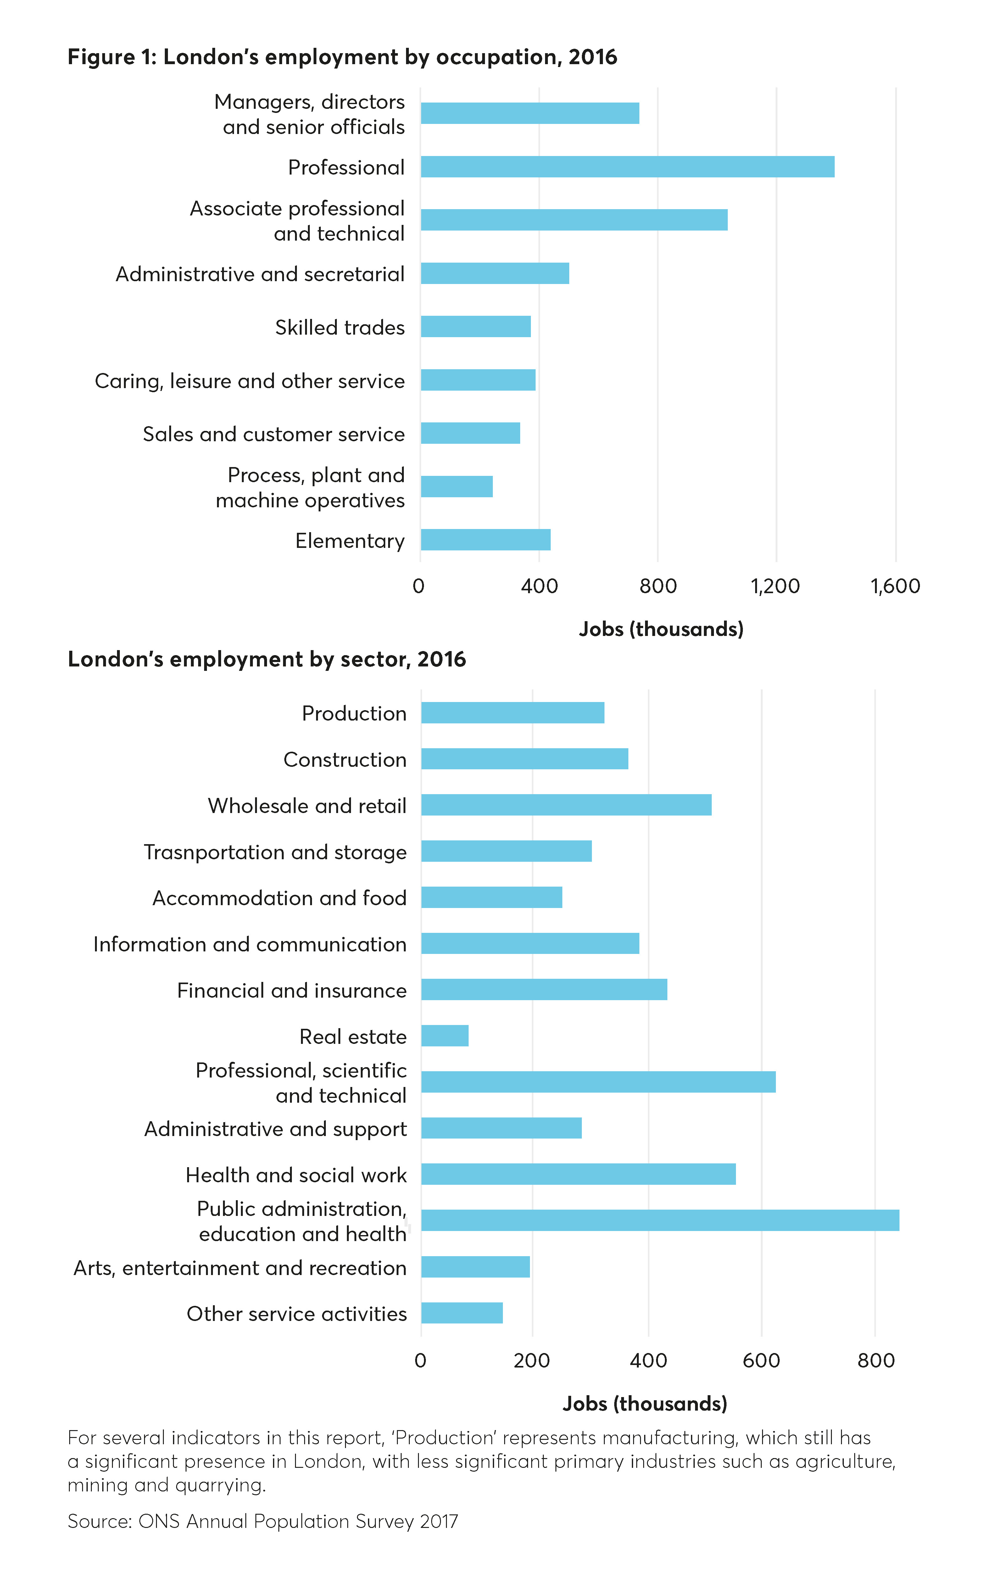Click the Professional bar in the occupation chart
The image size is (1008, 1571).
[627, 167]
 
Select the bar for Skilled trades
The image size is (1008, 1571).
[476, 327]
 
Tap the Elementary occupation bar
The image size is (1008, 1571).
[486, 540]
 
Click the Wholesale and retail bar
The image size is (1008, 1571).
[566, 805]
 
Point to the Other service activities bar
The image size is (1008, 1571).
[462, 1313]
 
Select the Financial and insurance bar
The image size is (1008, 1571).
[544, 990]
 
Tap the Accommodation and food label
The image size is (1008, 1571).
[280, 898]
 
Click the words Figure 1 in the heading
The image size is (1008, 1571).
[111, 58]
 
